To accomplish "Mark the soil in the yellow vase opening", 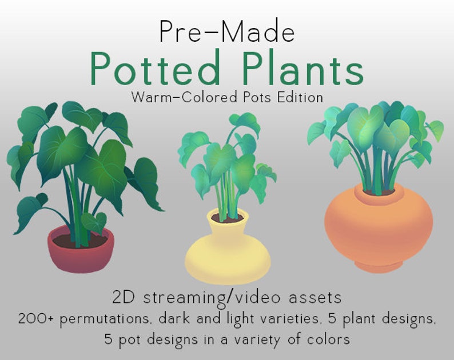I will pos(227,218).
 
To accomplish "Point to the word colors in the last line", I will pos(328,339).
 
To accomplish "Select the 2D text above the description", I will pos(121,297).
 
